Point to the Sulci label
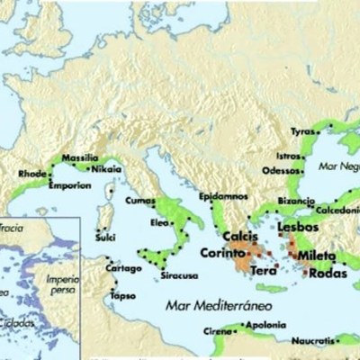point(108,238)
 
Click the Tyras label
point(301,131)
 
